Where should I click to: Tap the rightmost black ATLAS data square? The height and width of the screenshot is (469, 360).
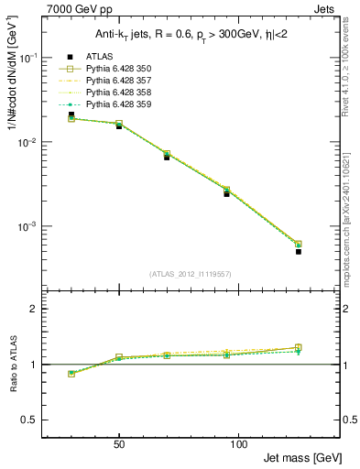click(299, 251)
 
